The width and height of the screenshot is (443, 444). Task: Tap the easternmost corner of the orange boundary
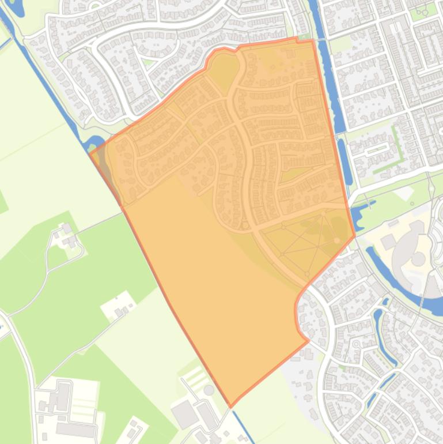tap(354, 235)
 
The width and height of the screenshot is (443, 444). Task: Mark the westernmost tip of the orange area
tap(90, 152)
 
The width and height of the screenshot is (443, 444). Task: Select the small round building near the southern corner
tap(209, 390)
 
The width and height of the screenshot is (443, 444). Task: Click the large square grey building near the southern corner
tap(185, 414)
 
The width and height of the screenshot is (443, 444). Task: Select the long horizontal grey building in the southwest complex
tap(75, 430)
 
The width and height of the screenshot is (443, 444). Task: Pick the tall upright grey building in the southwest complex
tap(63, 397)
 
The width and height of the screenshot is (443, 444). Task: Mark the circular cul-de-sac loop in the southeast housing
tap(357, 345)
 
